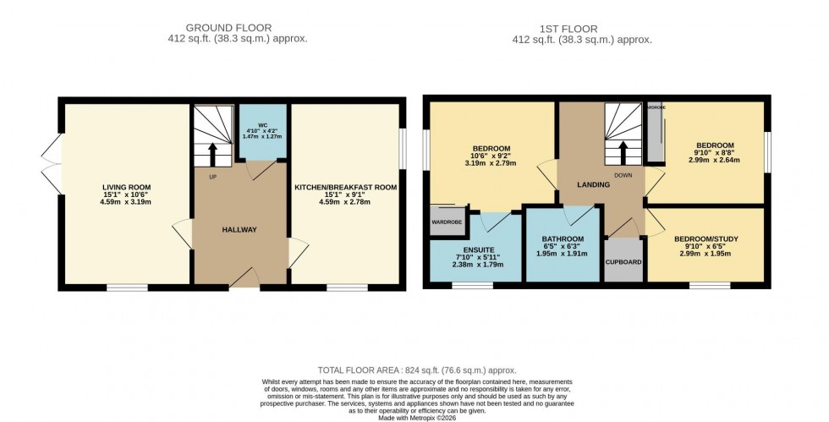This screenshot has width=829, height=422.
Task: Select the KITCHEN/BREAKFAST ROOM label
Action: (345, 186)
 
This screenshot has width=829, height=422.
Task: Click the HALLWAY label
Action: (239, 230)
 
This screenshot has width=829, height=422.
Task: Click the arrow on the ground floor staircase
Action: (211, 154)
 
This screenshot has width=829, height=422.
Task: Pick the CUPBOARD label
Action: (623, 261)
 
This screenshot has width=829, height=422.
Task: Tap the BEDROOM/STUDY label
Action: (706, 239)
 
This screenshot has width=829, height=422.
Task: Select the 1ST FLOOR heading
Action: (583, 28)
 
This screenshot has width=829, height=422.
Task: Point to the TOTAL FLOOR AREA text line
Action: (416, 370)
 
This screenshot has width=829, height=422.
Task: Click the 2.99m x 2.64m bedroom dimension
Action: (714, 159)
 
